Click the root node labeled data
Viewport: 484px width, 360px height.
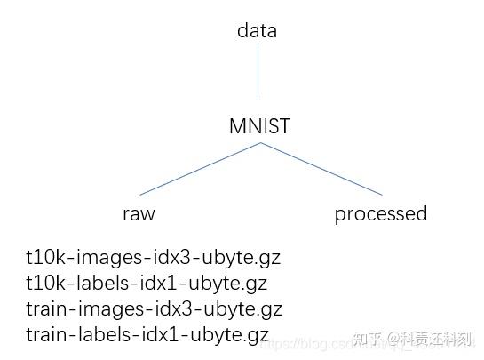point(257,30)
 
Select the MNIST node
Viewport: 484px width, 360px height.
point(259,127)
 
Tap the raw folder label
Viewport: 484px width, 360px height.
point(139,214)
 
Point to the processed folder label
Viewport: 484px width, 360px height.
point(380,214)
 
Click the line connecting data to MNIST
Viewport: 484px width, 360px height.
point(258,71)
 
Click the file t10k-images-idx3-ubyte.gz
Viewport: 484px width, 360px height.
point(154,260)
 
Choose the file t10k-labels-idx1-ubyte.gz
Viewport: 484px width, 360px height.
point(147,284)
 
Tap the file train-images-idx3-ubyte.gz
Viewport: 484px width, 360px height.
point(154,310)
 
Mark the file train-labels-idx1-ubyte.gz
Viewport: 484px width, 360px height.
point(147,335)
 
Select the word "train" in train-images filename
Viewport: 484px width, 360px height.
point(46,310)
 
